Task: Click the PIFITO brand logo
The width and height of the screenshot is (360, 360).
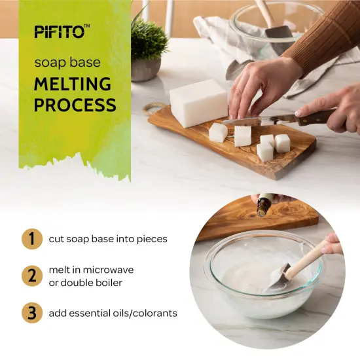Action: point(62,31)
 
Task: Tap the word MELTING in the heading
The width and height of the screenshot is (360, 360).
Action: point(73,84)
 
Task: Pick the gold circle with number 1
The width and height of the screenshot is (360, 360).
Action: point(30,238)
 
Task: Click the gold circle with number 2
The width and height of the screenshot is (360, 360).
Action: point(30,276)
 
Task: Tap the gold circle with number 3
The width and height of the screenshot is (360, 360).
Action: point(30,313)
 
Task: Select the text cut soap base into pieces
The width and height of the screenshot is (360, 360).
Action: point(108,239)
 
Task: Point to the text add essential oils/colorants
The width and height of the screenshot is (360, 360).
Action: point(113,314)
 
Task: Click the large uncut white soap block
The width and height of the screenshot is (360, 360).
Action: point(198,103)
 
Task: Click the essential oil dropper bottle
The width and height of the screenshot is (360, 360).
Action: point(264,206)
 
